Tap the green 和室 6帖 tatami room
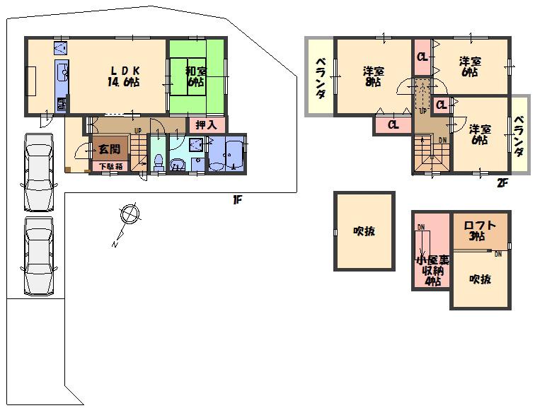coord(196,76)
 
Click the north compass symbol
coord(127,214)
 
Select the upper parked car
coord(38,172)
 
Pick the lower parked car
coord(38,256)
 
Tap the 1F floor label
coord(237,200)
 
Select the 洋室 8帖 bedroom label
coord(373,76)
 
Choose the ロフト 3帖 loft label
coord(479,231)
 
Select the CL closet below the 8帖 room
coord(393,124)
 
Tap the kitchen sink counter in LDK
coord(61,77)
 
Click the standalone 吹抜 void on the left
coord(364,231)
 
